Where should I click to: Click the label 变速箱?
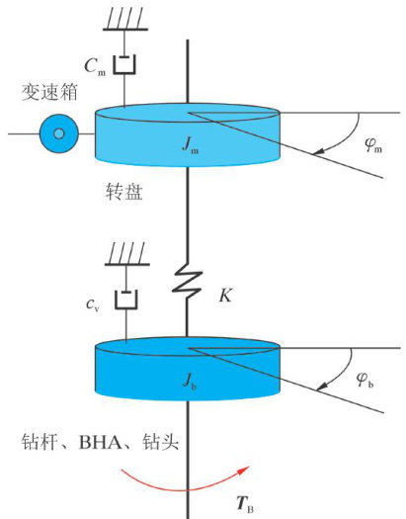[x=49, y=92]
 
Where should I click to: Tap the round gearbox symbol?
[x=59, y=133]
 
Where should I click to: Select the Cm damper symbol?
[x=124, y=64]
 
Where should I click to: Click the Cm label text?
[x=95, y=67]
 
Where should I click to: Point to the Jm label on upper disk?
[x=190, y=145]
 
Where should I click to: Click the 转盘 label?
[x=124, y=192]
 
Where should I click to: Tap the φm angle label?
[x=373, y=145]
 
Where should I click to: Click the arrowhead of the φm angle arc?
[x=318, y=151]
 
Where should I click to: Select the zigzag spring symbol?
[x=187, y=282]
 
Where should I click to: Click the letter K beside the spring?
[x=225, y=296]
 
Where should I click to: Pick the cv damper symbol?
[x=126, y=300]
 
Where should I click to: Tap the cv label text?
[x=92, y=304]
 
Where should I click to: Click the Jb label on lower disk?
[x=190, y=381]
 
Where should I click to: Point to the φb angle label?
[x=365, y=380]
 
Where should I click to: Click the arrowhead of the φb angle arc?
[x=322, y=386]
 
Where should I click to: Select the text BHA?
[x=100, y=442]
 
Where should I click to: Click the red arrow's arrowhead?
[x=243, y=470]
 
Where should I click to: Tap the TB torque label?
[x=245, y=505]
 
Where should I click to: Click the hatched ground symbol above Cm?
[x=125, y=19]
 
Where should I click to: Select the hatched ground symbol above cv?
[x=127, y=254]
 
